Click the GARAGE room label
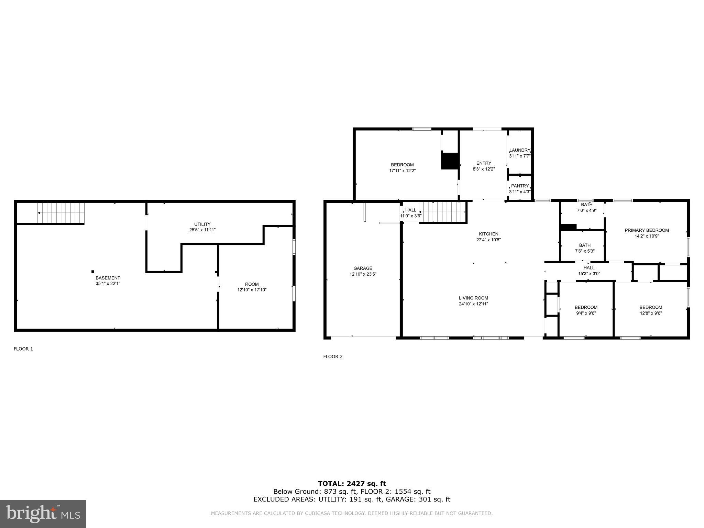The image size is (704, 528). coord(363,268)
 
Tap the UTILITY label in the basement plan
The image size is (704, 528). coord(202,224)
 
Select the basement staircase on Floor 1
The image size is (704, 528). coord(61,213)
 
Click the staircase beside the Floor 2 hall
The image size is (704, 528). coord(442,212)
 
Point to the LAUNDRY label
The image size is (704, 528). coord(520,150)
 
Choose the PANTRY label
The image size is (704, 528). coord(520,186)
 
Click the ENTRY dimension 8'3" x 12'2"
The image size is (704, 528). coord(484,169)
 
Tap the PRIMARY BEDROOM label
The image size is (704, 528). coord(647,230)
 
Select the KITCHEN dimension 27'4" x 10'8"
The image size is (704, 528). coord(488,240)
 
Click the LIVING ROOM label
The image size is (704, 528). coord(473,298)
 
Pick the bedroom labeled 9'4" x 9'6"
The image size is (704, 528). coord(586,307)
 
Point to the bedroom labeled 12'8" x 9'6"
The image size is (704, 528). coord(651,307)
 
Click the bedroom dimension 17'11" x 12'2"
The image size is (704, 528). coord(402,170)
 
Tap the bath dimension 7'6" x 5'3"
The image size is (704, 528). coord(585,251)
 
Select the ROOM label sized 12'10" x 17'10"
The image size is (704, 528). coord(252,284)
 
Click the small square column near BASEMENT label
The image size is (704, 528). coord(93,272)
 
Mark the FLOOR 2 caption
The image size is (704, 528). coord(333,356)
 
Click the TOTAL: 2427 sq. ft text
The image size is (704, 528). coord(352,484)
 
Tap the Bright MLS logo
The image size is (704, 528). coord(43,514)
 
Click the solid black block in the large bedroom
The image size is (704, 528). coord(450,161)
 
